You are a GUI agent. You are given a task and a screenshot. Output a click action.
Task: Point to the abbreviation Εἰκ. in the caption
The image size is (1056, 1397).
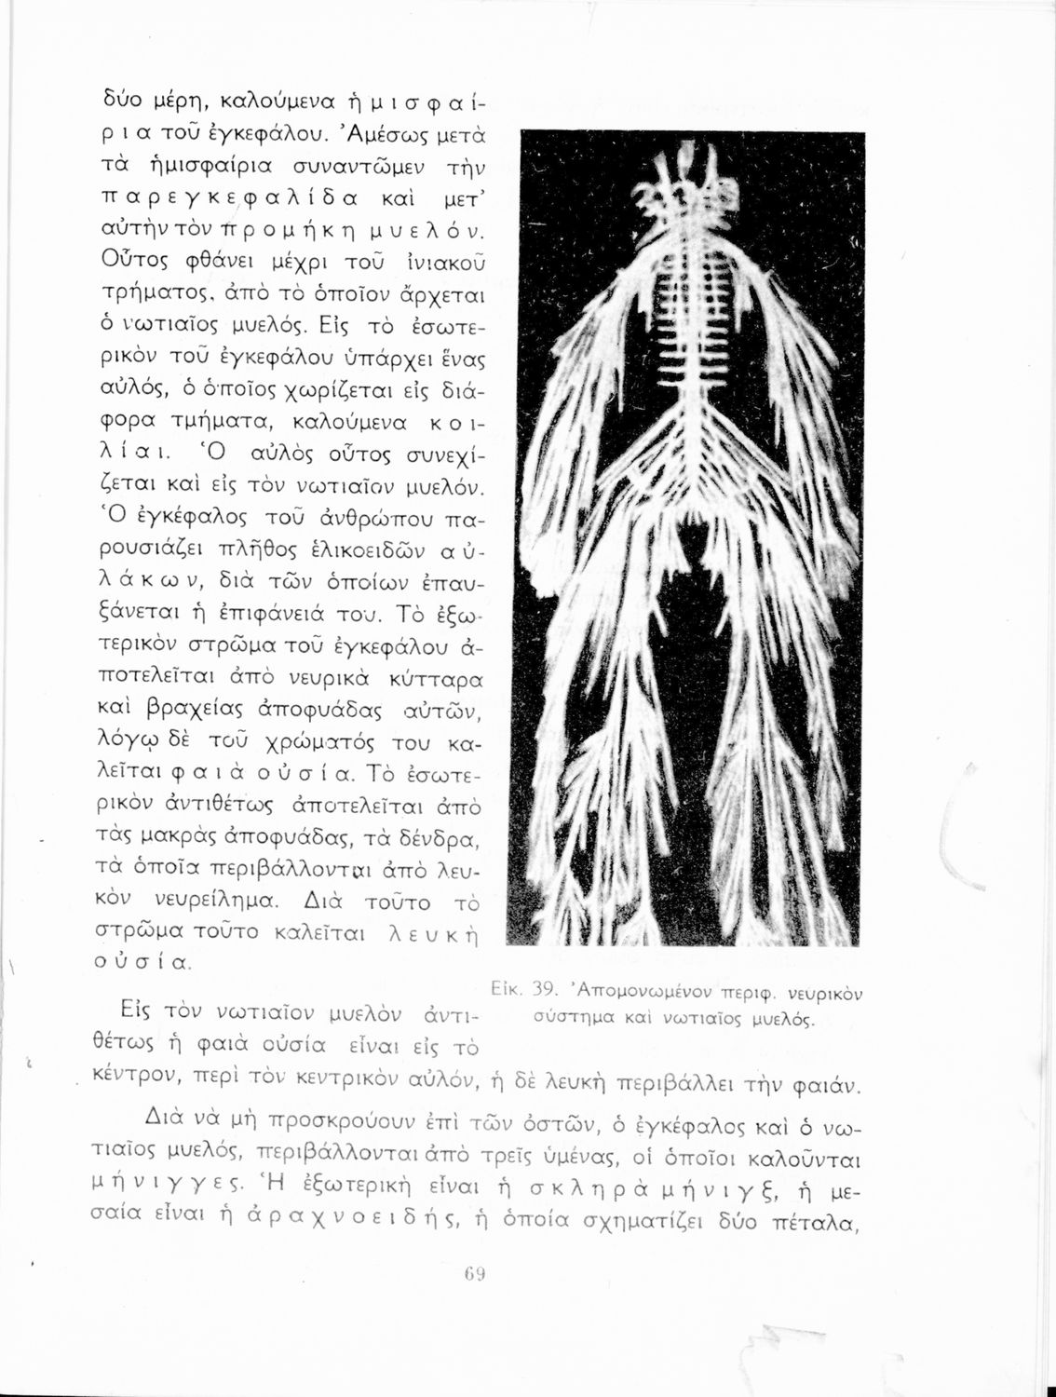click(506, 988)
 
